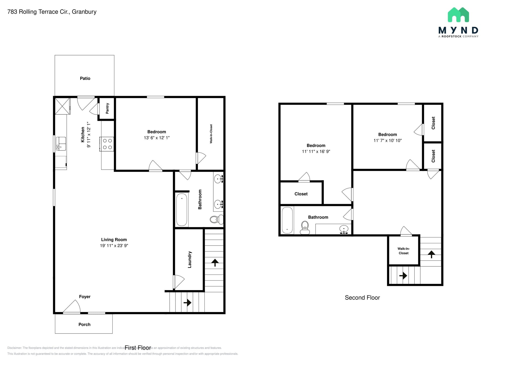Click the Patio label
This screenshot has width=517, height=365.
(85, 78)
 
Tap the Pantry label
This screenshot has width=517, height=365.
(107, 108)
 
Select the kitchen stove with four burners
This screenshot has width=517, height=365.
(107, 144)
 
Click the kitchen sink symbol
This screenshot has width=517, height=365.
(61, 144)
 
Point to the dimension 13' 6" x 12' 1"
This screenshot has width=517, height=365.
(157, 138)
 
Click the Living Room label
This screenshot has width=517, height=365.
(114, 240)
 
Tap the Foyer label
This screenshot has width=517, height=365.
(85, 297)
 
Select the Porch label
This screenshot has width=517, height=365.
(84, 324)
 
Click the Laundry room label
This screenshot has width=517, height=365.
(190, 259)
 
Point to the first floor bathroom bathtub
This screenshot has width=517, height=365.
(182, 210)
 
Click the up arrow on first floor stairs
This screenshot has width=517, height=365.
(215, 262)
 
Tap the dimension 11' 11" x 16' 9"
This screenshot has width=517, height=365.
(316, 151)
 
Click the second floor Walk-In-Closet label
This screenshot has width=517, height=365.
(403, 251)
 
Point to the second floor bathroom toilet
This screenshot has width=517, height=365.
(305, 227)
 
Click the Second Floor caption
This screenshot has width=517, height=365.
(362, 298)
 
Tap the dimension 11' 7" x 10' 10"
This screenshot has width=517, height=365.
(387, 141)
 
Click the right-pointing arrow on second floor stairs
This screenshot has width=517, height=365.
(403, 276)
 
